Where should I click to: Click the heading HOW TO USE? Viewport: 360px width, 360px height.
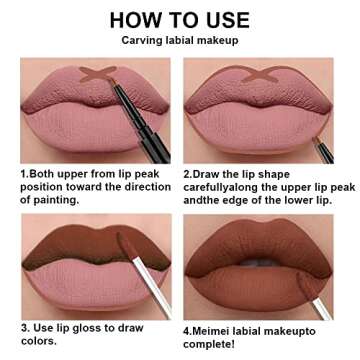180,19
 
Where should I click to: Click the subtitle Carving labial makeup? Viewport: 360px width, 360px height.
180,41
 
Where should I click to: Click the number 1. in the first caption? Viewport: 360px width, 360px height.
24,171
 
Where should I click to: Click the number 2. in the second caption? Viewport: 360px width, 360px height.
188,171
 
